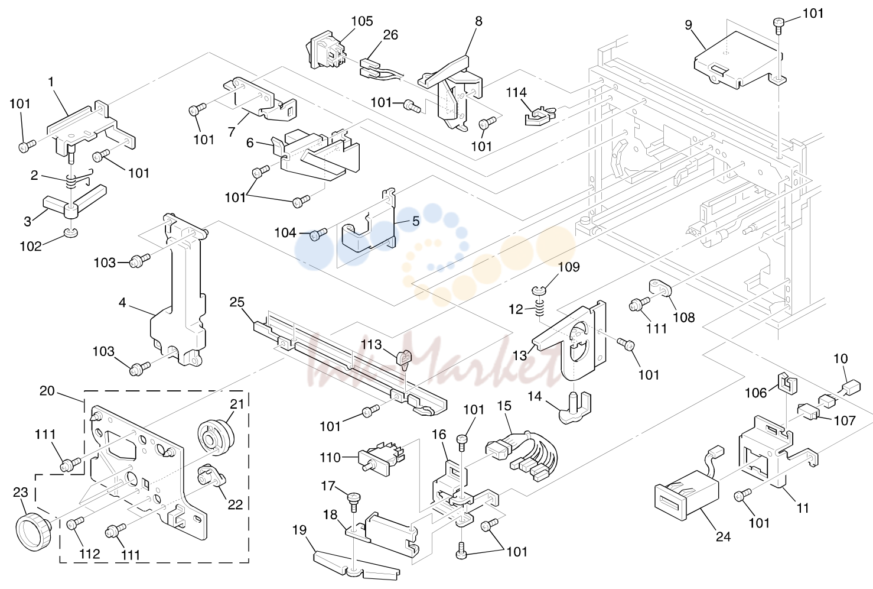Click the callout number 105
[362, 21]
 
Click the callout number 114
[516, 92]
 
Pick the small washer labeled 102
[71, 232]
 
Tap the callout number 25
[237, 302]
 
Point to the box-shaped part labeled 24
[687, 494]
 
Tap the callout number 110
[330, 458]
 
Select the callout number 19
[299, 530]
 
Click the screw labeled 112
[76, 523]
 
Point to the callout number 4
[122, 303]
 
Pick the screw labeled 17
[353, 501]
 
